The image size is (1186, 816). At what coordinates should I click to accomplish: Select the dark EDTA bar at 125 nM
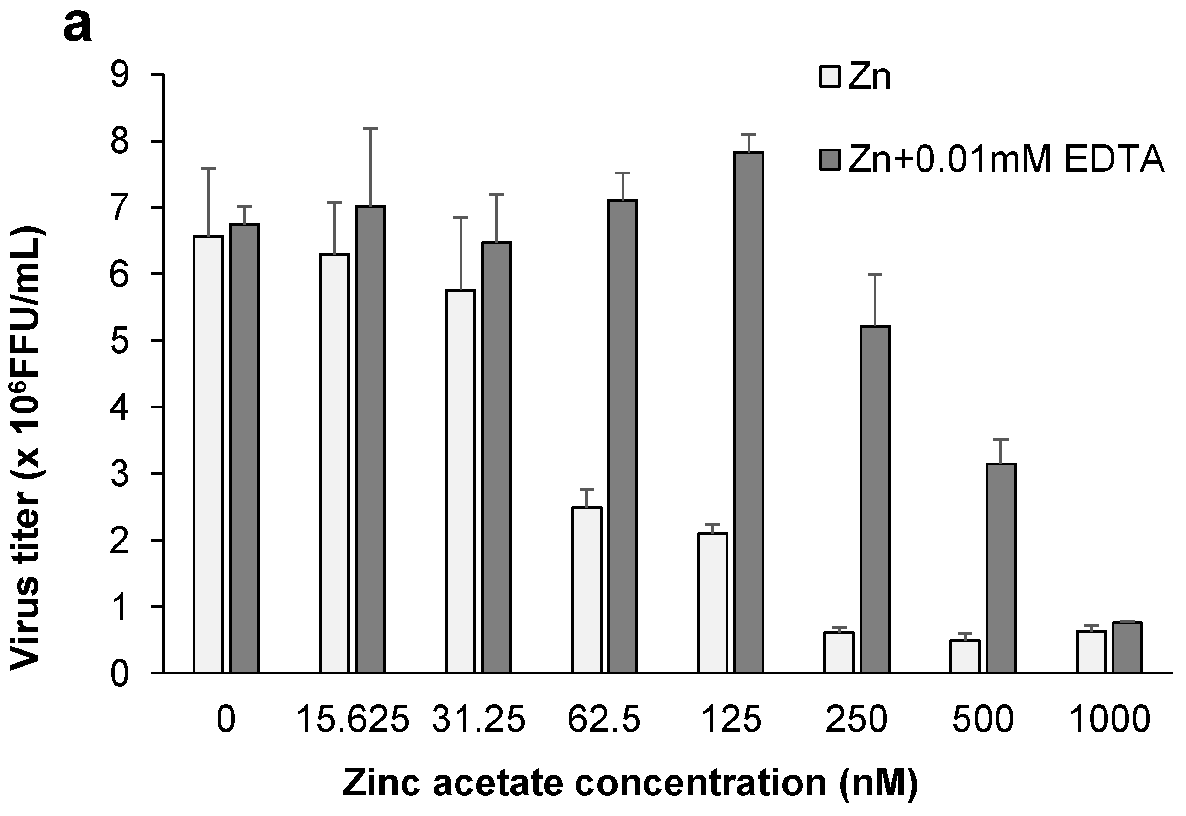(x=749, y=412)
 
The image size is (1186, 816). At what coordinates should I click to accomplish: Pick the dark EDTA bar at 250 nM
(x=875, y=499)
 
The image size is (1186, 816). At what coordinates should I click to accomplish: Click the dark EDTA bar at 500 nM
(x=1001, y=568)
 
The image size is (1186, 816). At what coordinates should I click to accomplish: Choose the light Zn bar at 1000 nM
(x=1091, y=652)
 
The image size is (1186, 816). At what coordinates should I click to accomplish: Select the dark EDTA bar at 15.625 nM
(x=371, y=439)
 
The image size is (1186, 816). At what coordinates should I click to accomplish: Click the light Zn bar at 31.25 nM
(x=460, y=480)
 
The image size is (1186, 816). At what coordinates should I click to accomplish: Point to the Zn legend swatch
(x=830, y=77)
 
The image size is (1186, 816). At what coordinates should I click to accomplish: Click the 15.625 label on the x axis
(x=353, y=720)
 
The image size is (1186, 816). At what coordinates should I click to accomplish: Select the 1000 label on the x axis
(x=1109, y=720)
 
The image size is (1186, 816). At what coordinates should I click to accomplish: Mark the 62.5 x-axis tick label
(x=604, y=720)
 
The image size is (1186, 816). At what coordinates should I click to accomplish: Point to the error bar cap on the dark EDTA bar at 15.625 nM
(x=371, y=128)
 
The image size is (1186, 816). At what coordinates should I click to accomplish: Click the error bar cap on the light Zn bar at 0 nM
(x=209, y=168)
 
